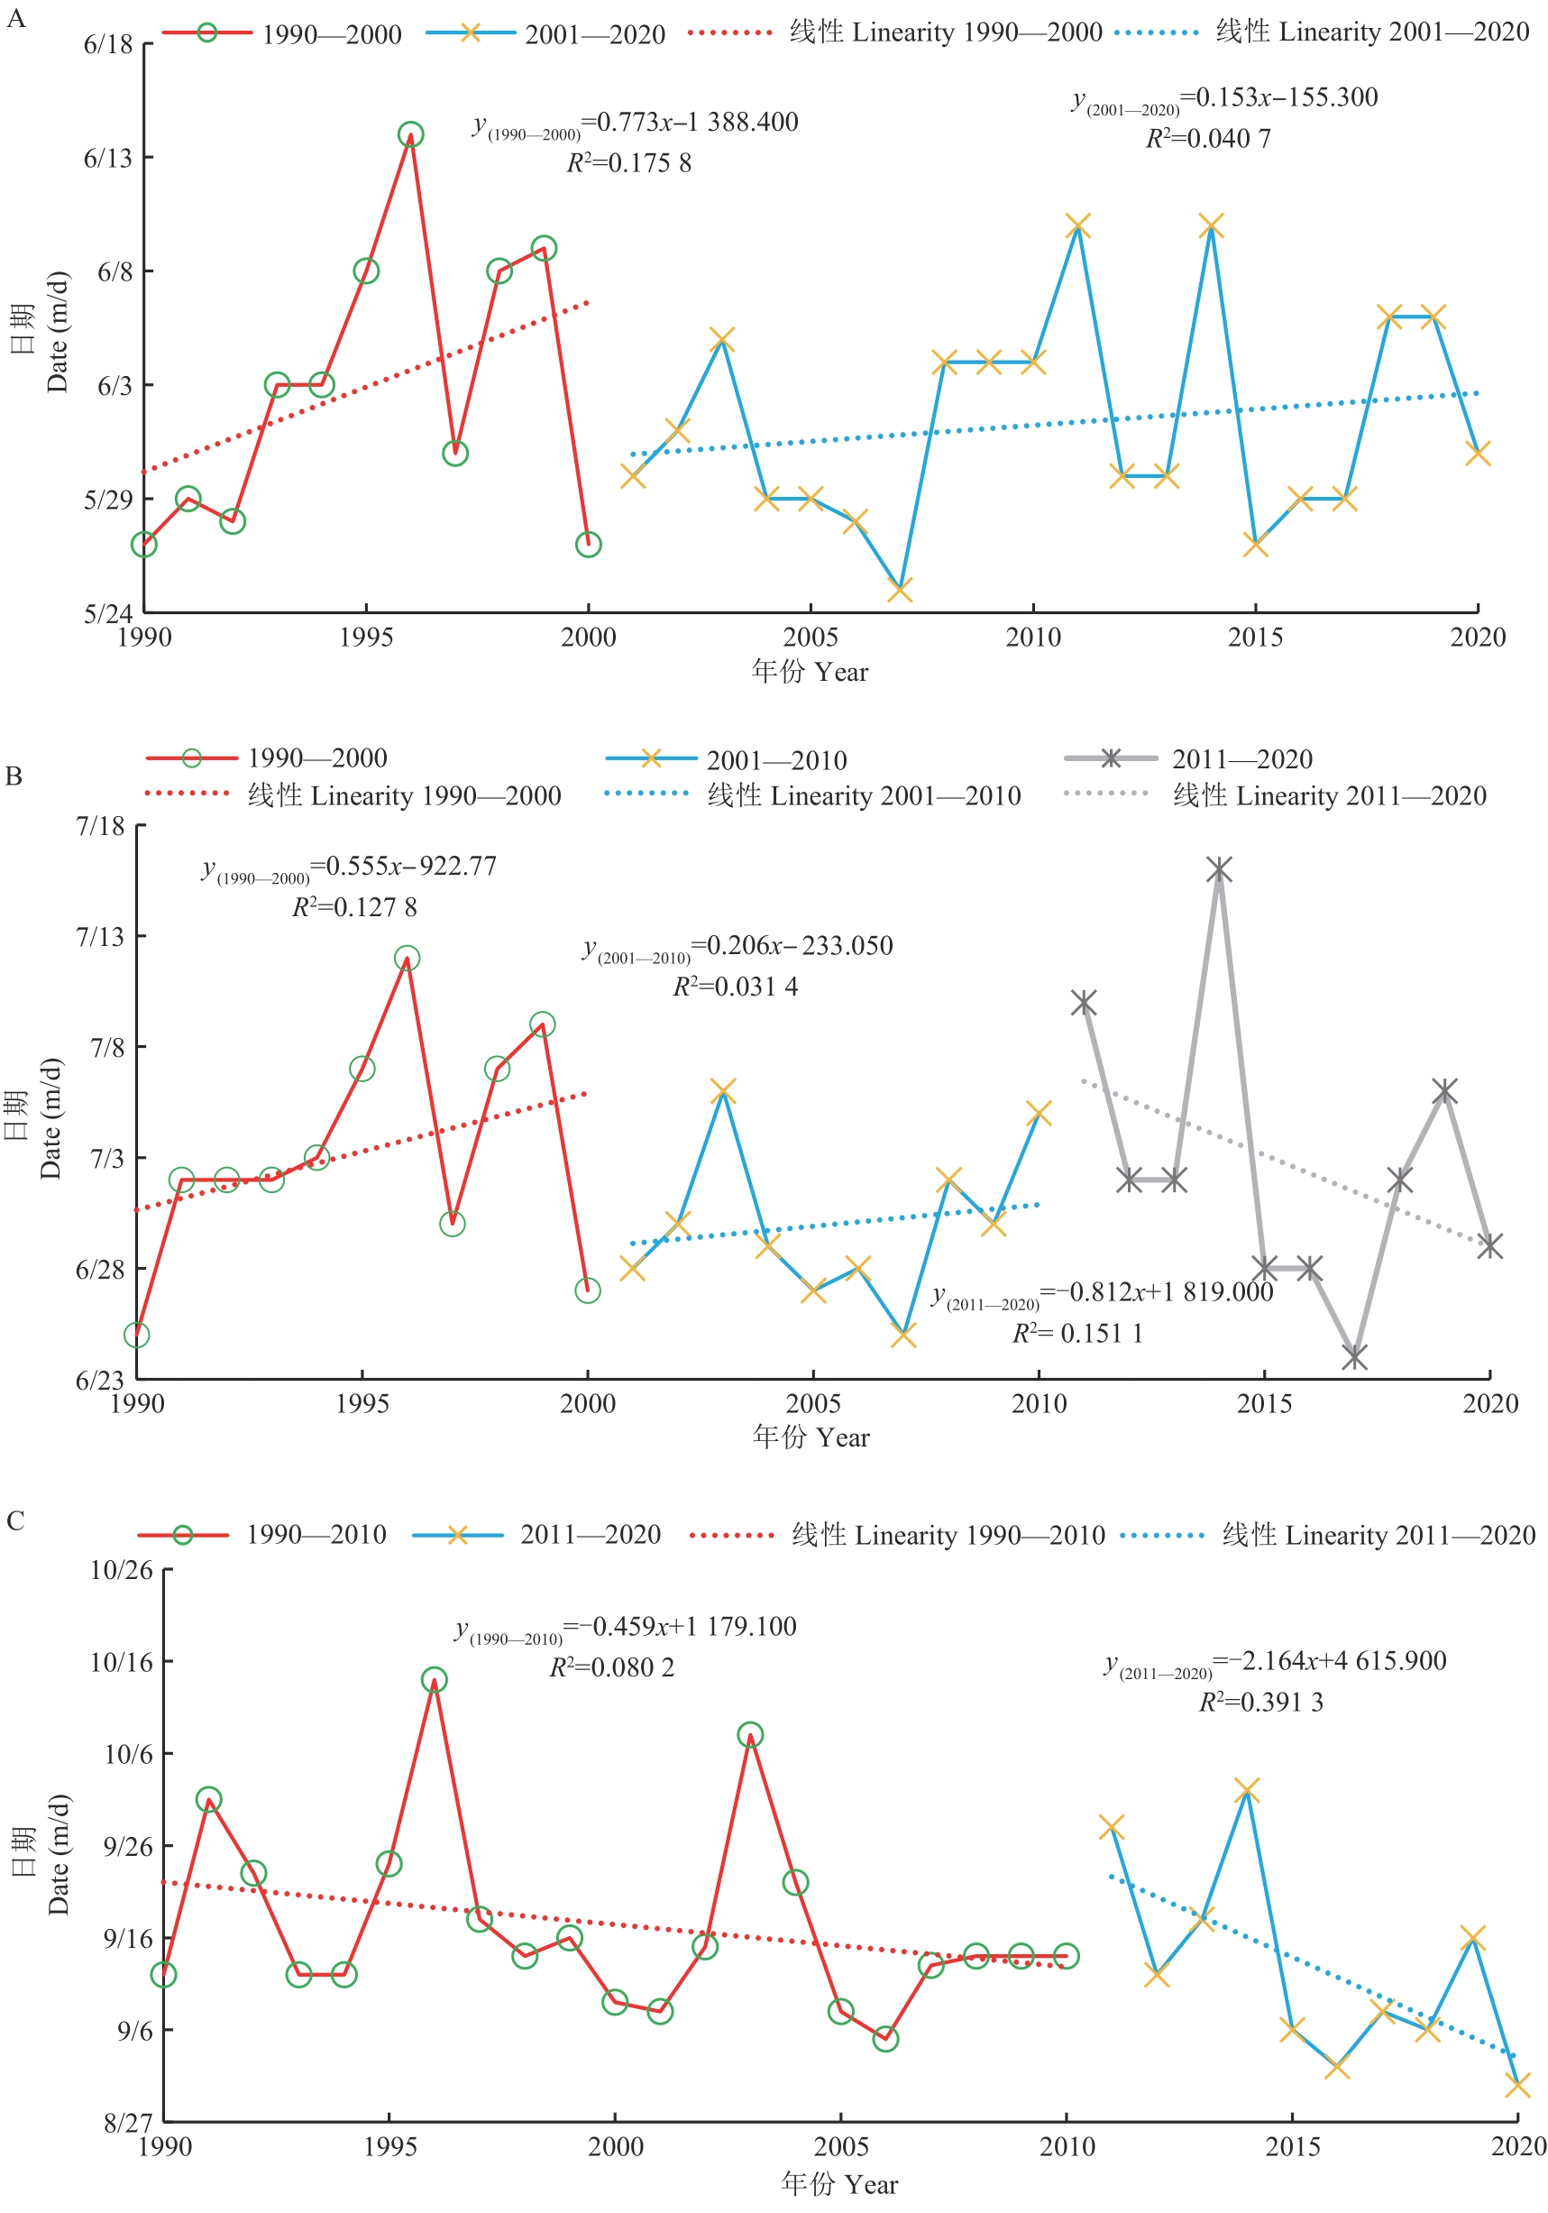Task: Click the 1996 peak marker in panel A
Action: [410, 134]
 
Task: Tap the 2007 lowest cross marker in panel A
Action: [899, 589]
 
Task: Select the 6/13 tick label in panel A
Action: [108, 158]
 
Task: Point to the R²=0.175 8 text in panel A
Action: [628, 163]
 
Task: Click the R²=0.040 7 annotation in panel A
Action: [1208, 139]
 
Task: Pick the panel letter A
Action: [15, 18]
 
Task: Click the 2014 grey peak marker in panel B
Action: [1219, 870]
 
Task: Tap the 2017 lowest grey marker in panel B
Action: [1354, 1356]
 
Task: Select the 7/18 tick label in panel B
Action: [100, 826]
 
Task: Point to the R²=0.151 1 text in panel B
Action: [1076, 1333]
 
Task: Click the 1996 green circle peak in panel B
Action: [407, 958]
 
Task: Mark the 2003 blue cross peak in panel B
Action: [723, 1091]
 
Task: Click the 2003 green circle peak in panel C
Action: [750, 1735]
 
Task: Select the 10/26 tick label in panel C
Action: [122, 1570]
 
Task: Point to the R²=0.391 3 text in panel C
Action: [1260, 1703]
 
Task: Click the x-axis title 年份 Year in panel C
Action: [838, 2184]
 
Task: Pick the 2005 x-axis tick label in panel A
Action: [811, 637]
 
